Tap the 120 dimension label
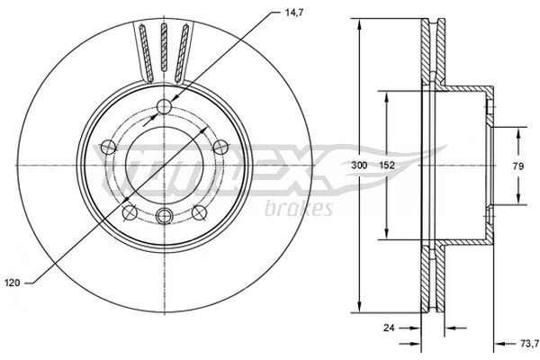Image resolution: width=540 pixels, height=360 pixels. pos(13,283)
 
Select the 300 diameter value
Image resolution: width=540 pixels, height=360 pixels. pos(359,166)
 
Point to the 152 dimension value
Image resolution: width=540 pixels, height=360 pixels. pos(387,166)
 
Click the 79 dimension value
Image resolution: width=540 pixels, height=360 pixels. pos(518,166)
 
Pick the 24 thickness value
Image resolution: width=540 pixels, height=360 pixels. pos(389,328)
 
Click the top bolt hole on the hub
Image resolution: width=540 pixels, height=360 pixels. pos(164,106)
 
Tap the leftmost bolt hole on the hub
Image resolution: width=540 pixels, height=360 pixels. pos(109,147)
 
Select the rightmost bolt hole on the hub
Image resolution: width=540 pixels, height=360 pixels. pos(220,147)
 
